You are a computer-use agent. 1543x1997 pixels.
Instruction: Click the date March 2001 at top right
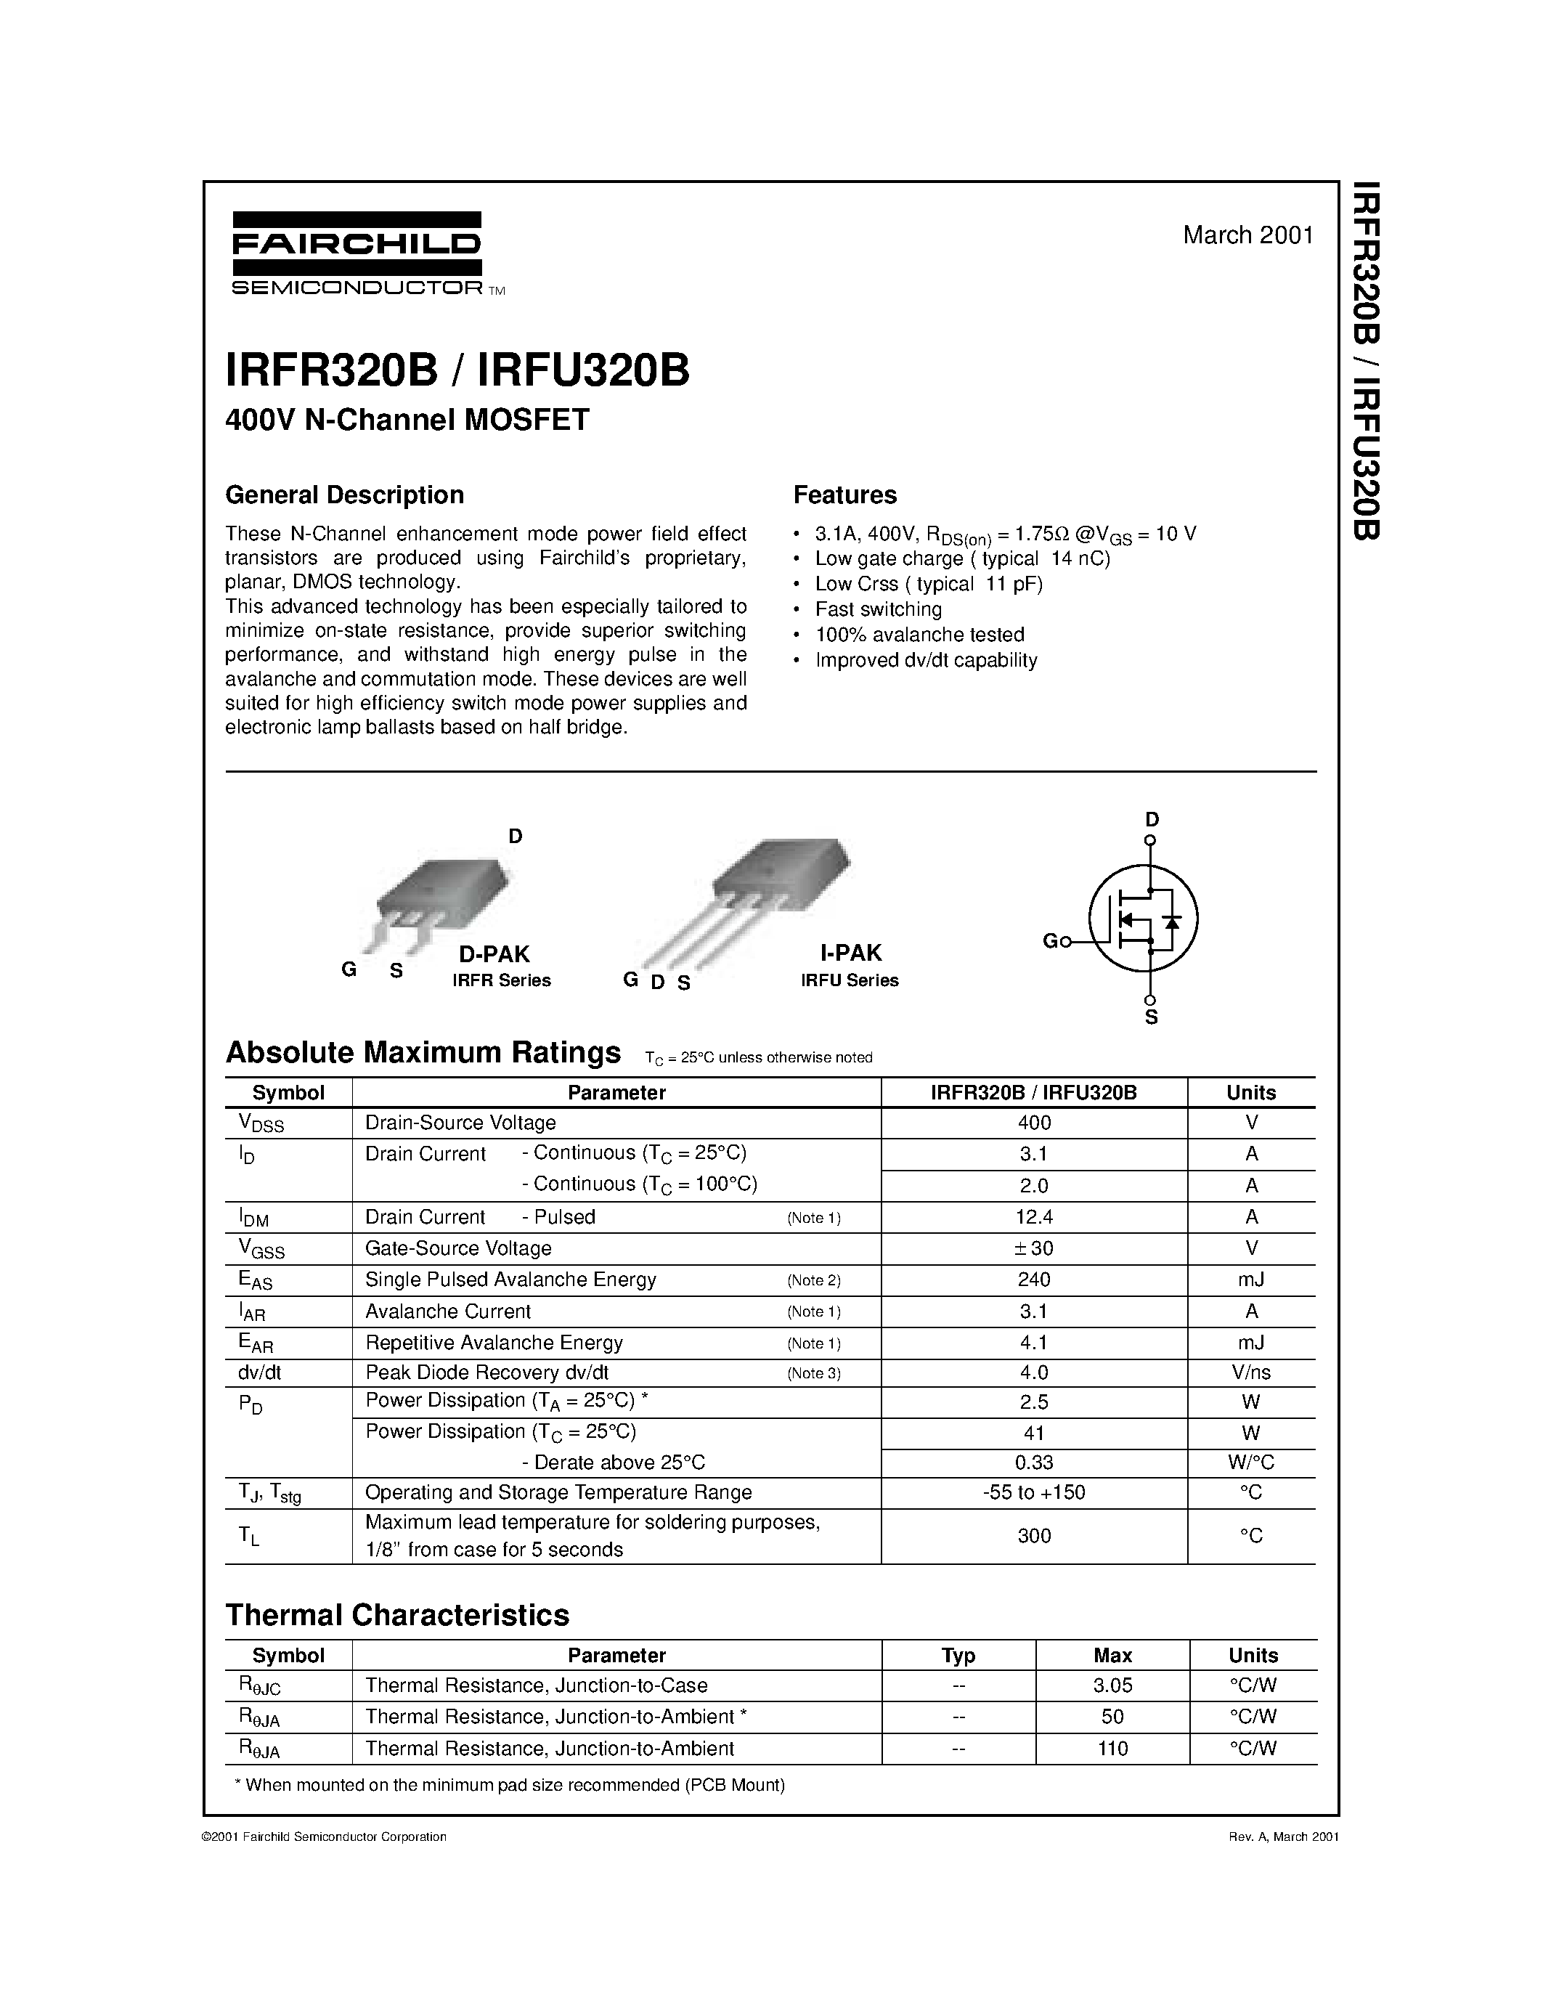coord(1247,235)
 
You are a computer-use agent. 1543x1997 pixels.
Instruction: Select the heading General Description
coord(345,495)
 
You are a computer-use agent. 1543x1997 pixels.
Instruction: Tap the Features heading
coord(844,495)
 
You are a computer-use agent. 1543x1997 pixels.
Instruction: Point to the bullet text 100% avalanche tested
coord(919,635)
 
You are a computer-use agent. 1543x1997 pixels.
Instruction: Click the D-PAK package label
coord(494,953)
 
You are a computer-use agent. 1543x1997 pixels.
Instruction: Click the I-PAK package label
coord(850,953)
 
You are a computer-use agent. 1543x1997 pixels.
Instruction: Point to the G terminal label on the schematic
coord(1049,941)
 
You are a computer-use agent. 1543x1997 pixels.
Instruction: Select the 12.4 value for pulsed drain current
coord(1034,1217)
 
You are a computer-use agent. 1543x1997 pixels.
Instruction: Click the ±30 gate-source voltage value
coord(1034,1248)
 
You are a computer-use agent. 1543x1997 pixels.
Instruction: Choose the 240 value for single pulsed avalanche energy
coord(1034,1280)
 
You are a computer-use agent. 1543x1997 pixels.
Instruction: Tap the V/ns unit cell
coord(1250,1372)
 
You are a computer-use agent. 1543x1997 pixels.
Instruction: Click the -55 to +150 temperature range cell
coord(1034,1492)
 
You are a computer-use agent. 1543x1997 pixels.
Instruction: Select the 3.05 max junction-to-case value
coord(1112,1685)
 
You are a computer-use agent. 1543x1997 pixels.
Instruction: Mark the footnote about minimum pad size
coord(510,1785)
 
